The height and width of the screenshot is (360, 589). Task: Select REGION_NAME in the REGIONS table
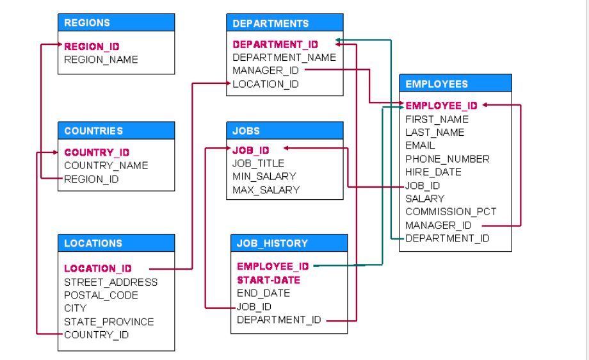(101, 60)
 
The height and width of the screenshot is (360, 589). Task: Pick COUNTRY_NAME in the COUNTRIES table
(106, 165)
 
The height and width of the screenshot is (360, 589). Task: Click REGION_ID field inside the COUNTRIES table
(92, 179)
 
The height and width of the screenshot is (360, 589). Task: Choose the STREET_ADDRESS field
(111, 282)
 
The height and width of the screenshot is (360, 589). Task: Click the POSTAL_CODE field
(101, 295)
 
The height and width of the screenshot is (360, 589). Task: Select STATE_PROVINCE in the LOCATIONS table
(109, 322)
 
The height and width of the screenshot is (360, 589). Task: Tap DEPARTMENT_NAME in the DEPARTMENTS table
(284, 58)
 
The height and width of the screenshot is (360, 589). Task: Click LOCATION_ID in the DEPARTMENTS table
(266, 84)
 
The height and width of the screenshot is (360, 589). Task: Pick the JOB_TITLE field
(258, 163)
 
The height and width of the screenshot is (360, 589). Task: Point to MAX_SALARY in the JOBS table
(266, 190)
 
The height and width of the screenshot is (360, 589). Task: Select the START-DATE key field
(268, 280)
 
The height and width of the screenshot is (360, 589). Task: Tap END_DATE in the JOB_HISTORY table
(263, 293)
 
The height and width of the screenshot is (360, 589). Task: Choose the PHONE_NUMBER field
(448, 159)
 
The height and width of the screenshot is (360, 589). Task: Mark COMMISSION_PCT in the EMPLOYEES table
(451, 211)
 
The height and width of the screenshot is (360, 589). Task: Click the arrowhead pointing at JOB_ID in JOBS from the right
(286, 149)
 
